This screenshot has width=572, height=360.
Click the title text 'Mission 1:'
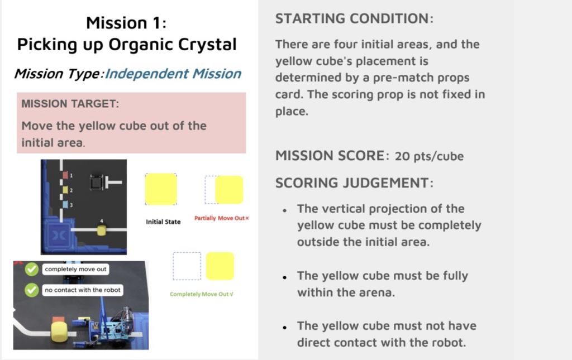coord(126,23)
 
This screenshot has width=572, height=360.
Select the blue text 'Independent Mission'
coord(173,74)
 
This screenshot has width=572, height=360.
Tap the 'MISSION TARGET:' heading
coord(70,104)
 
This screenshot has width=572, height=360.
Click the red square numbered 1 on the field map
coord(65,175)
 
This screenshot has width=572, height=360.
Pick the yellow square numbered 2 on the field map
coord(65,190)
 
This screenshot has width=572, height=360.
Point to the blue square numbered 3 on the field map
coord(65,205)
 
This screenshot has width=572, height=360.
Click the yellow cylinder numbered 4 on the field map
coord(102,231)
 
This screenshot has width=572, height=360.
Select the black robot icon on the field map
coord(96,182)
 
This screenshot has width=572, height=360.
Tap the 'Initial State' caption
coord(163,222)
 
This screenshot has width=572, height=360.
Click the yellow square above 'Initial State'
coord(161,189)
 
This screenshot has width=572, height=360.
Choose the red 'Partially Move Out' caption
coord(221,218)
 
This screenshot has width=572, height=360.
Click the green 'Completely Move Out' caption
coord(201,294)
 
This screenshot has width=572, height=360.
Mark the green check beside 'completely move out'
coord(32,269)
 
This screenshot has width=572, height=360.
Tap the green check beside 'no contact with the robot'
coord(32,290)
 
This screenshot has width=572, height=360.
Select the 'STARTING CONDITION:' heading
coord(354,18)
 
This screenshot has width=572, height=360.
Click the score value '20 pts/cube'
coord(430,156)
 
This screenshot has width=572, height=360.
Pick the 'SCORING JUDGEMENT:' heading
coord(354,183)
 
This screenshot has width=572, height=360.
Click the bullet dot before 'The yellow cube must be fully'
coord(284,277)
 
